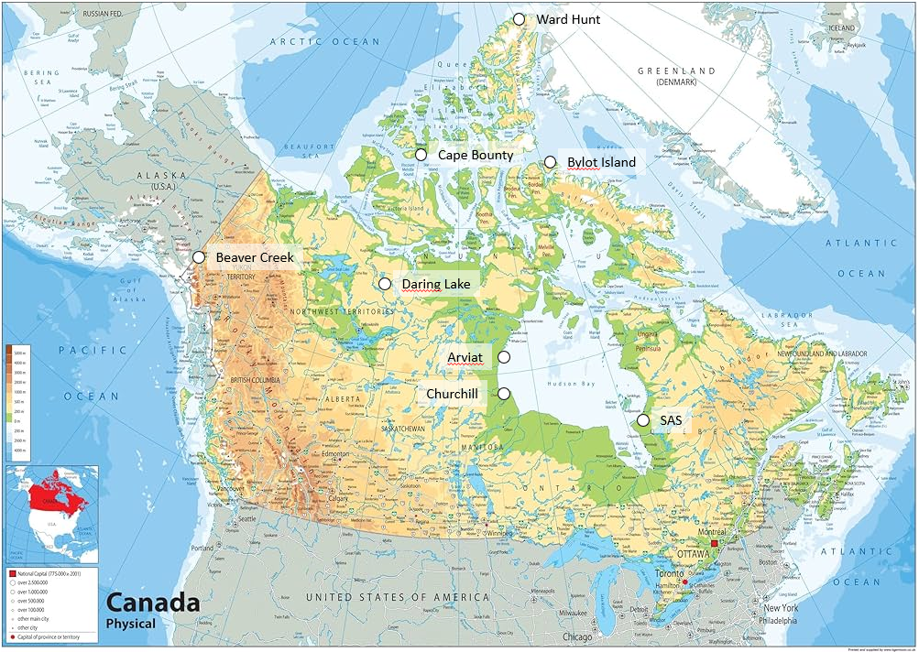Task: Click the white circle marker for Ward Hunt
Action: point(519,19)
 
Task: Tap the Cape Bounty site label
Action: point(475,155)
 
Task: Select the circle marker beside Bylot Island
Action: point(550,162)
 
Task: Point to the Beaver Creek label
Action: point(255,257)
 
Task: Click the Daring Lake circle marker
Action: point(384,284)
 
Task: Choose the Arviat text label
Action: point(465,357)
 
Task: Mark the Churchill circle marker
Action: point(504,393)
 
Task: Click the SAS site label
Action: point(671,420)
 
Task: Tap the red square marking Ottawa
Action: point(715,543)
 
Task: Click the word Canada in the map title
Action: point(152,603)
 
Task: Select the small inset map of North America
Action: point(51,513)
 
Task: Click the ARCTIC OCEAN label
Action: point(324,41)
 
